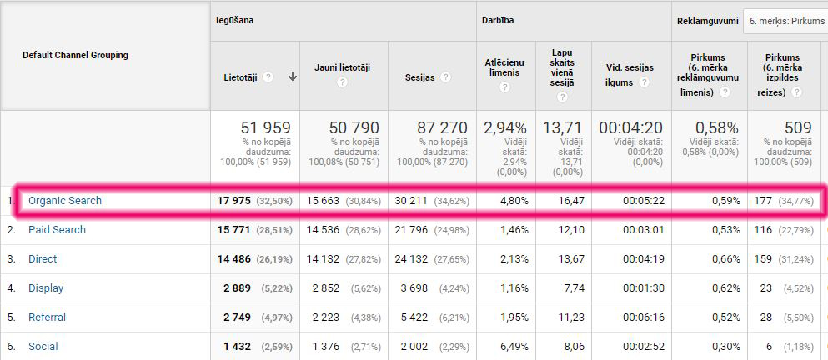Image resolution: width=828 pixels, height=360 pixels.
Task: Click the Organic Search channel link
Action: pyautogui.click(x=65, y=200)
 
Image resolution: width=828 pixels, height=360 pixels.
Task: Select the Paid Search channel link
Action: pyautogui.click(x=57, y=229)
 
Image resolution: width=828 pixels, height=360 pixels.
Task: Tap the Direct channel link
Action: pyautogui.click(x=43, y=258)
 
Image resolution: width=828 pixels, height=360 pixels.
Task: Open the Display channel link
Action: pyautogui.click(x=46, y=287)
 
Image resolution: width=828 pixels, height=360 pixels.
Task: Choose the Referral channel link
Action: pyautogui.click(x=47, y=317)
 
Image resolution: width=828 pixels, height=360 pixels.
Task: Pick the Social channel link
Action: pyautogui.click(x=43, y=346)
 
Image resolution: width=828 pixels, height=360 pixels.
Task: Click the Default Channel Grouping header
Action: pyautogui.click(x=75, y=55)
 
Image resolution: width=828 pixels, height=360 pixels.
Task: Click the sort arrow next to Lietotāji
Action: pyautogui.click(x=293, y=77)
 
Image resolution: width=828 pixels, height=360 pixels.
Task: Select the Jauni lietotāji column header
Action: pyautogui.click(x=342, y=67)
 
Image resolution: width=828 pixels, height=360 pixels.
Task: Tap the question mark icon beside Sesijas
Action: pyautogui.click(x=446, y=77)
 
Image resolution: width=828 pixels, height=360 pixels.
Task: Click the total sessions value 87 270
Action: pyautogui.click(x=444, y=128)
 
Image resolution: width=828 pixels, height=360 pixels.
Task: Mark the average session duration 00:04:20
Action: pyautogui.click(x=630, y=128)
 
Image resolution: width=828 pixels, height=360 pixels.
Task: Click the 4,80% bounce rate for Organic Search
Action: pyautogui.click(x=510, y=200)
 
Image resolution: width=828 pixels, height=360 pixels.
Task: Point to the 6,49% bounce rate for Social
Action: pyautogui.click(x=510, y=346)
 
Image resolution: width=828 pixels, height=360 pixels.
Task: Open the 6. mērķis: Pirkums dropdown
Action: pyautogui.click(x=784, y=19)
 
